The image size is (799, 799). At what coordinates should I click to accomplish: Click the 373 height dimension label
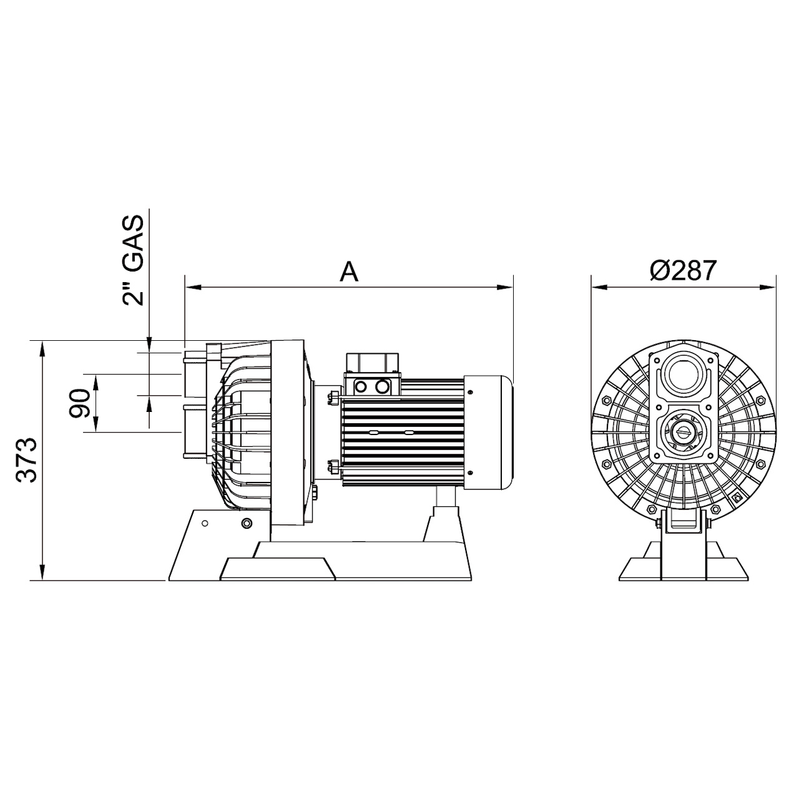coord(27,460)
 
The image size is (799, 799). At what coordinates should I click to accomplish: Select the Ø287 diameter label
coord(683,271)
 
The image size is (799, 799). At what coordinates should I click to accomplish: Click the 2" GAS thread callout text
coord(133,260)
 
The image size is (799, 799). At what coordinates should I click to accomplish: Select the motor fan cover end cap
coord(488,431)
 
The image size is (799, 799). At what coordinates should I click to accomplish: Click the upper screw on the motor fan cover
coord(470,392)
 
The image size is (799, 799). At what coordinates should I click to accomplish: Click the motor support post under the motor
coord(444,499)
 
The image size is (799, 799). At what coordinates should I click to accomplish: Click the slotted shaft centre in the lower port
coord(682,431)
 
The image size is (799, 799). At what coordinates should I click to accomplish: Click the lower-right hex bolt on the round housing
coord(739,497)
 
